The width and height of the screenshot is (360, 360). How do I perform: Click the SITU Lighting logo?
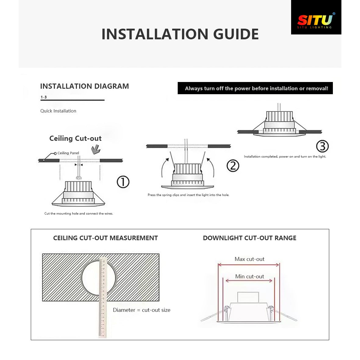click(x=316, y=21)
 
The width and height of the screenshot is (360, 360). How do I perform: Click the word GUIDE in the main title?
click(x=236, y=34)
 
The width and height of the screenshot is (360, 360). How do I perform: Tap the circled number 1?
click(x=123, y=182)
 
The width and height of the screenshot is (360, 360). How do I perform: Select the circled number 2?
click(x=233, y=166)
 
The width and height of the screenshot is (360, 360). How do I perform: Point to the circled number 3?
click(x=322, y=146)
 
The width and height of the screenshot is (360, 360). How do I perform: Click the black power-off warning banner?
click(x=255, y=88)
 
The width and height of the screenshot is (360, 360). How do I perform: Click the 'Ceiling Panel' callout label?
click(x=68, y=153)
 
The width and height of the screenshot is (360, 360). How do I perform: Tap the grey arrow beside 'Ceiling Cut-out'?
click(x=96, y=149)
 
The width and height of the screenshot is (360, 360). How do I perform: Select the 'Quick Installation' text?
click(x=58, y=111)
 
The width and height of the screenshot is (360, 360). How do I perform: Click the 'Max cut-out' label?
click(x=249, y=259)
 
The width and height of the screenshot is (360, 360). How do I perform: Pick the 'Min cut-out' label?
click(x=249, y=276)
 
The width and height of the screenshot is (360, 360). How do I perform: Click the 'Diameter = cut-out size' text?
click(x=141, y=310)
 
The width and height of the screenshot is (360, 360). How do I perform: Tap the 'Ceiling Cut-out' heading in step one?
click(x=75, y=138)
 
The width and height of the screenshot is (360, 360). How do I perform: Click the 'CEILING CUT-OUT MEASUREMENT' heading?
click(x=105, y=238)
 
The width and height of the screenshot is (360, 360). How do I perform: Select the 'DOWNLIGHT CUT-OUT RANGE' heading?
click(x=249, y=238)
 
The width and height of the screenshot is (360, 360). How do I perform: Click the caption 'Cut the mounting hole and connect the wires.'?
click(x=79, y=213)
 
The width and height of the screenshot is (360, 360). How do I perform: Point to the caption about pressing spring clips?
click(x=188, y=195)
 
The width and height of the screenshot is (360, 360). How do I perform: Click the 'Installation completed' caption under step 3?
click(x=285, y=156)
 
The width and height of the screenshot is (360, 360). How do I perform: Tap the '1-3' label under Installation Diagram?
click(x=44, y=97)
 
